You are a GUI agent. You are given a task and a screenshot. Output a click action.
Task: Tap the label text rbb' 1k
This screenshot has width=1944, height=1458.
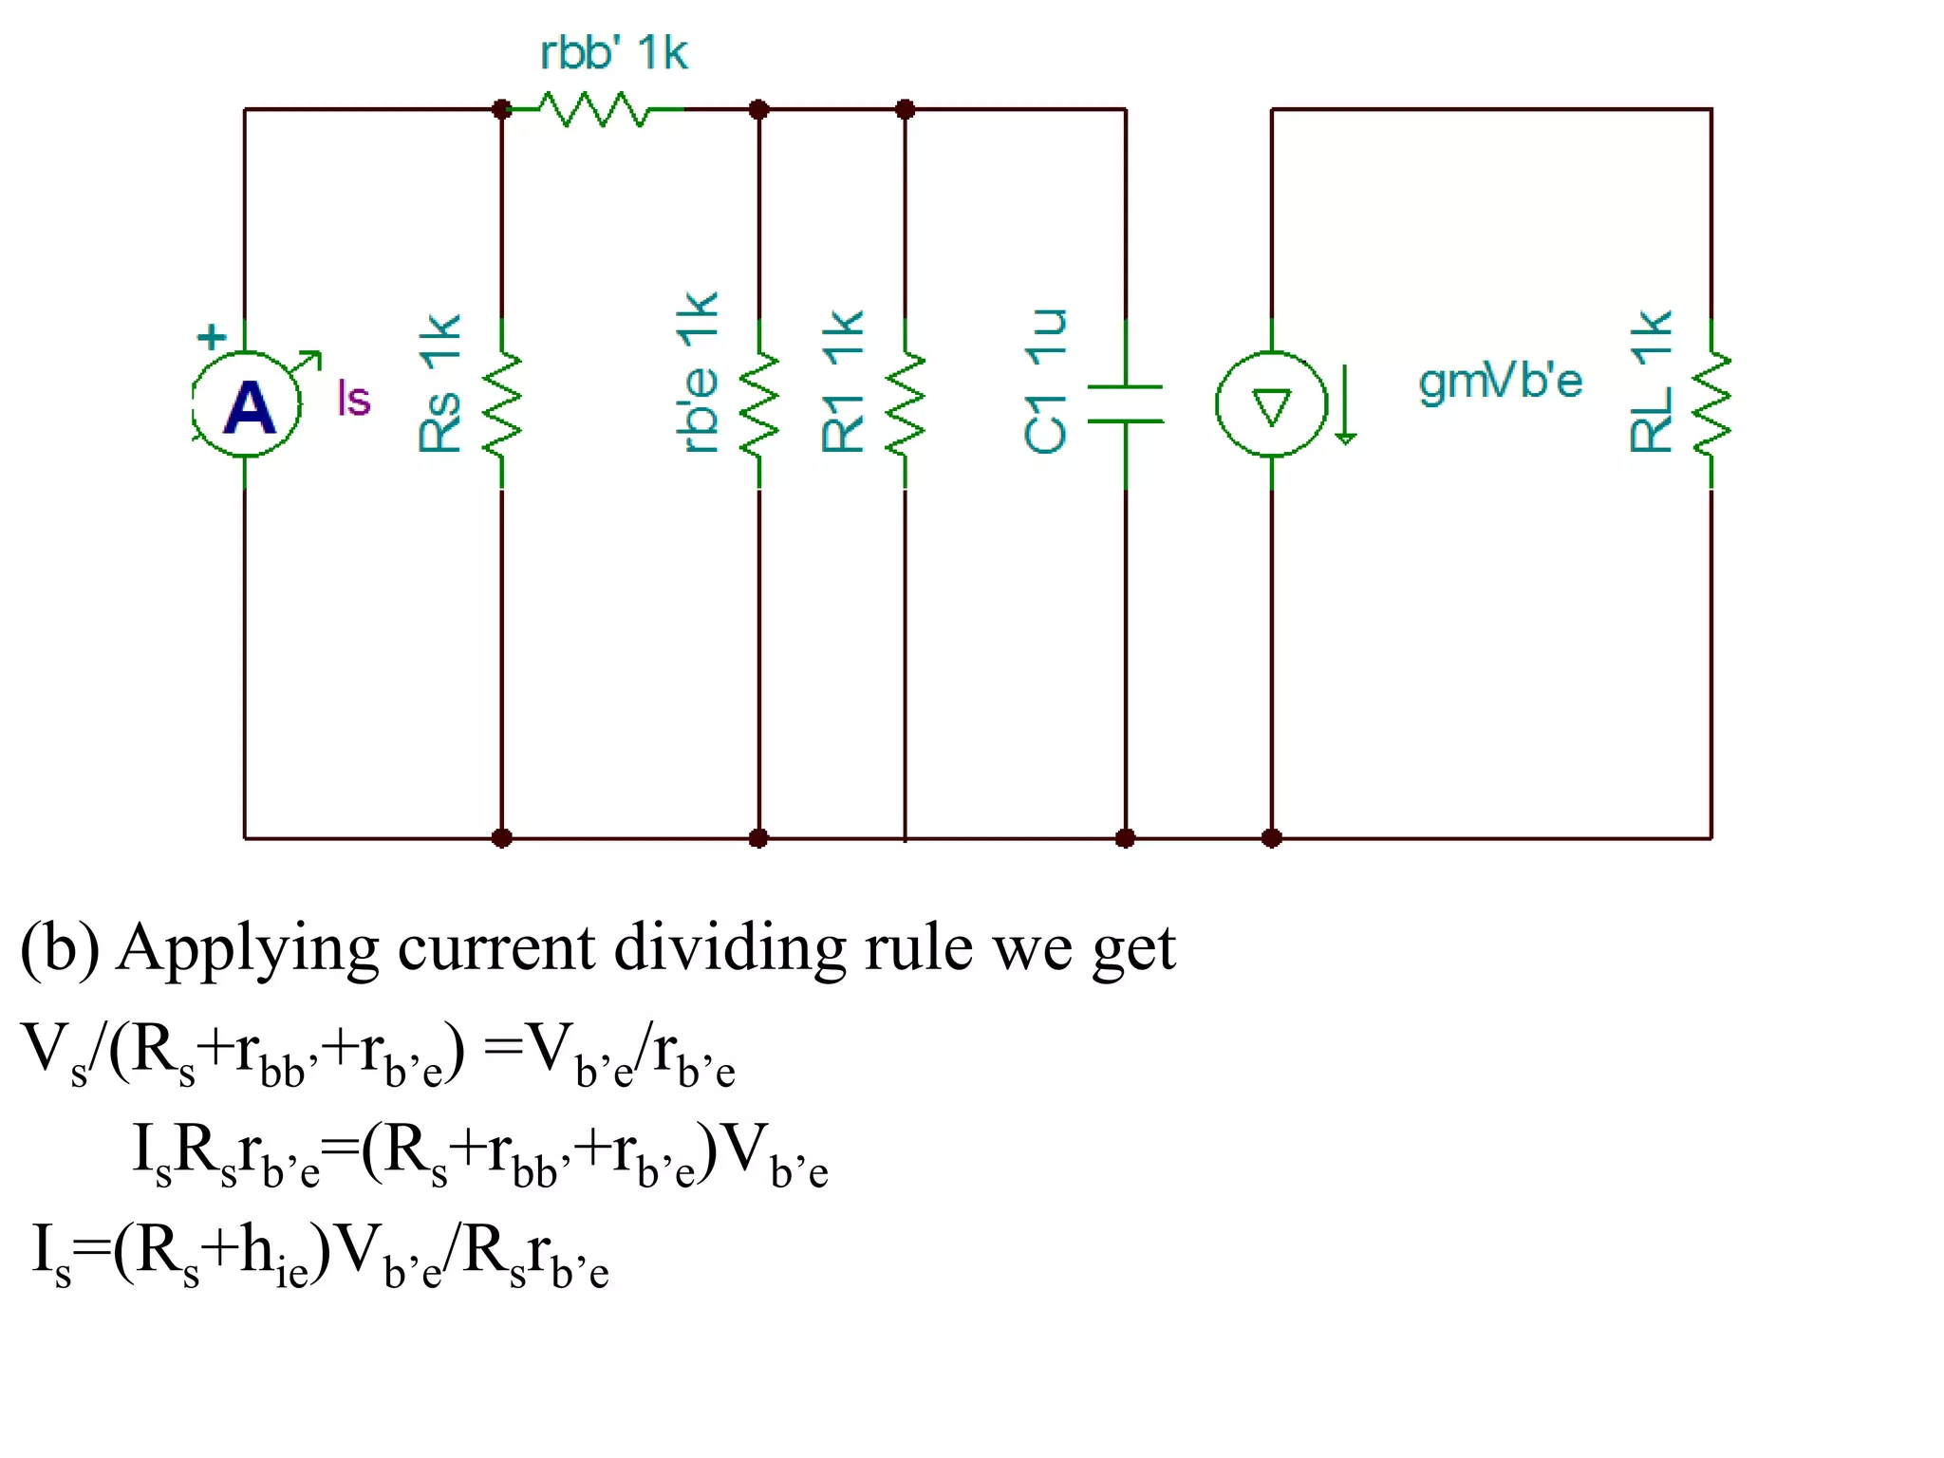pyautogui.click(x=613, y=53)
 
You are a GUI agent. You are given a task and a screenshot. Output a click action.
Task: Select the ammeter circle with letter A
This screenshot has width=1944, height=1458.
pyautogui.click(x=248, y=405)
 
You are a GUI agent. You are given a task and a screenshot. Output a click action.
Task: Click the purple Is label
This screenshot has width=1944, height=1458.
pyautogui.click(x=353, y=399)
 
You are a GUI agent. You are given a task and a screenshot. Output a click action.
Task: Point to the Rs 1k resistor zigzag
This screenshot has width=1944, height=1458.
pyautogui.click(x=502, y=403)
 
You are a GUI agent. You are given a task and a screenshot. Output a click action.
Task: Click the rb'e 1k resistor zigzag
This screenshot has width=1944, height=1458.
pyautogui.click(x=759, y=403)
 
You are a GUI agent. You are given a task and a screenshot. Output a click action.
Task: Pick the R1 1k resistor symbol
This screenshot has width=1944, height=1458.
pyautogui.click(x=906, y=403)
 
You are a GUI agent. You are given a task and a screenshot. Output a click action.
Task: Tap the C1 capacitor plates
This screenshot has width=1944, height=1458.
pyautogui.click(x=1125, y=403)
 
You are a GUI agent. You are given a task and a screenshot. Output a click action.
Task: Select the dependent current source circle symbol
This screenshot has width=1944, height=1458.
pyautogui.click(x=1271, y=405)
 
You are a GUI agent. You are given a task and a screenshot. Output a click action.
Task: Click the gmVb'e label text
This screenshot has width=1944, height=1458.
pyautogui.click(x=1500, y=383)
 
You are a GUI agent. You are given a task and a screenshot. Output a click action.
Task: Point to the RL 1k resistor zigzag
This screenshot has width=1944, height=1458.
pyautogui.click(x=1711, y=403)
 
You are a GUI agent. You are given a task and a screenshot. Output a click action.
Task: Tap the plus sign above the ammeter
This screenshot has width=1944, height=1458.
pyautogui.click(x=212, y=337)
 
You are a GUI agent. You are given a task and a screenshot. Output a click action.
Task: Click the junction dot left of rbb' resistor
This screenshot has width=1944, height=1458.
pyautogui.click(x=502, y=109)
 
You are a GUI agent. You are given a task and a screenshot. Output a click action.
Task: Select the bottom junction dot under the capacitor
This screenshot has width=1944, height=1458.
pyautogui.click(x=1125, y=838)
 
